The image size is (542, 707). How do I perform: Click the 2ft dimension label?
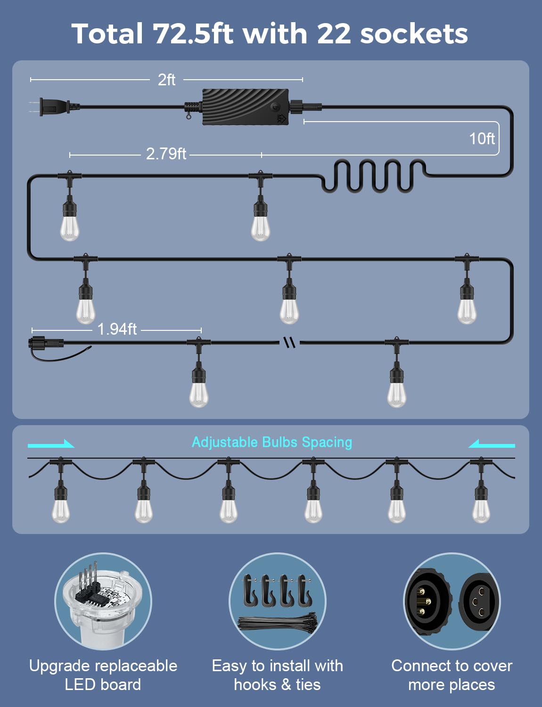pyautogui.click(x=166, y=80)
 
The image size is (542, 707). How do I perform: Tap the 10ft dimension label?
pyautogui.click(x=482, y=139)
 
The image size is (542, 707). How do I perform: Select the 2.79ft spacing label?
pyautogui.click(x=166, y=154)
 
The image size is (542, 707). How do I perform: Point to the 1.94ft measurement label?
pyautogui.click(x=117, y=329)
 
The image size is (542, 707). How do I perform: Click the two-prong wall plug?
pyautogui.click(x=54, y=107)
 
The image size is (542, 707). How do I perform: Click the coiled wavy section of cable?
pyautogui.click(x=374, y=176)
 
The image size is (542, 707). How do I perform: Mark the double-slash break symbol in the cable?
pyautogui.click(x=289, y=342)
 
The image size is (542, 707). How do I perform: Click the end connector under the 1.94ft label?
pyautogui.click(x=46, y=343)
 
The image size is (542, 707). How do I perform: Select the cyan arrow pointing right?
pyautogui.click(x=51, y=444)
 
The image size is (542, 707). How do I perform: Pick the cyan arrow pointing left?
pyautogui.click(x=492, y=444)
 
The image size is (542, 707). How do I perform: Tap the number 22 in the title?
pyautogui.click(x=334, y=33)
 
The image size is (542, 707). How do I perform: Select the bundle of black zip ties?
pyautogui.click(x=278, y=623)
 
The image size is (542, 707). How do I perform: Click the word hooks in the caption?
pyautogui.click(x=255, y=684)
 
